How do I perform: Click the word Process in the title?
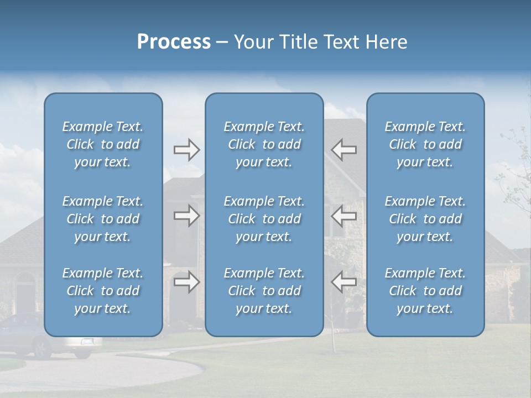click(174, 42)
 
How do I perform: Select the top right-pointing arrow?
click(187, 150)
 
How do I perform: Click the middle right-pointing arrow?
click(187, 216)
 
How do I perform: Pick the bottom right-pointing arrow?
click(187, 282)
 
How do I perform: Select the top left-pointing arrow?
click(343, 150)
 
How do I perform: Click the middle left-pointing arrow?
click(343, 216)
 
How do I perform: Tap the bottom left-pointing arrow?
click(343, 282)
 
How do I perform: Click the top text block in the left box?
click(103, 144)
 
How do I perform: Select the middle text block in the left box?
click(103, 219)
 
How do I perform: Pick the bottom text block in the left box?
click(103, 291)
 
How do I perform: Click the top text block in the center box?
click(264, 144)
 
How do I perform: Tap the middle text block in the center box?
click(264, 219)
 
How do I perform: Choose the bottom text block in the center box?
click(264, 291)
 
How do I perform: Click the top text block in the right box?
click(425, 144)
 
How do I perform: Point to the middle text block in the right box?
click(425, 219)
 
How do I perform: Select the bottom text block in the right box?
click(425, 291)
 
